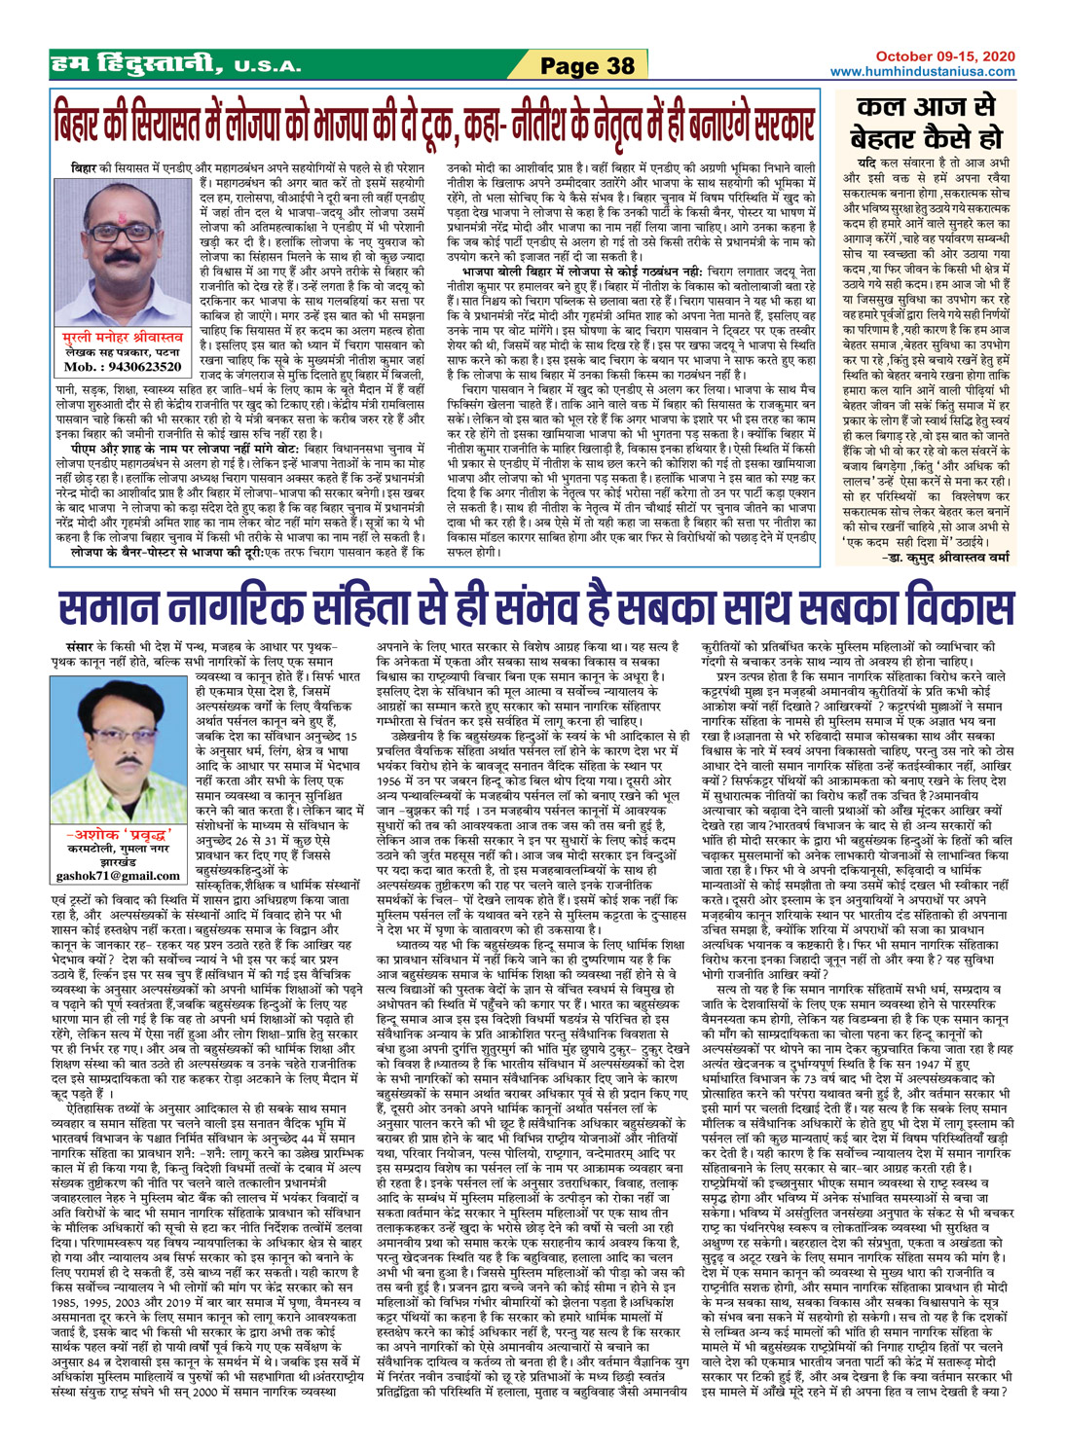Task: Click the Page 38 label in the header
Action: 587,66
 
